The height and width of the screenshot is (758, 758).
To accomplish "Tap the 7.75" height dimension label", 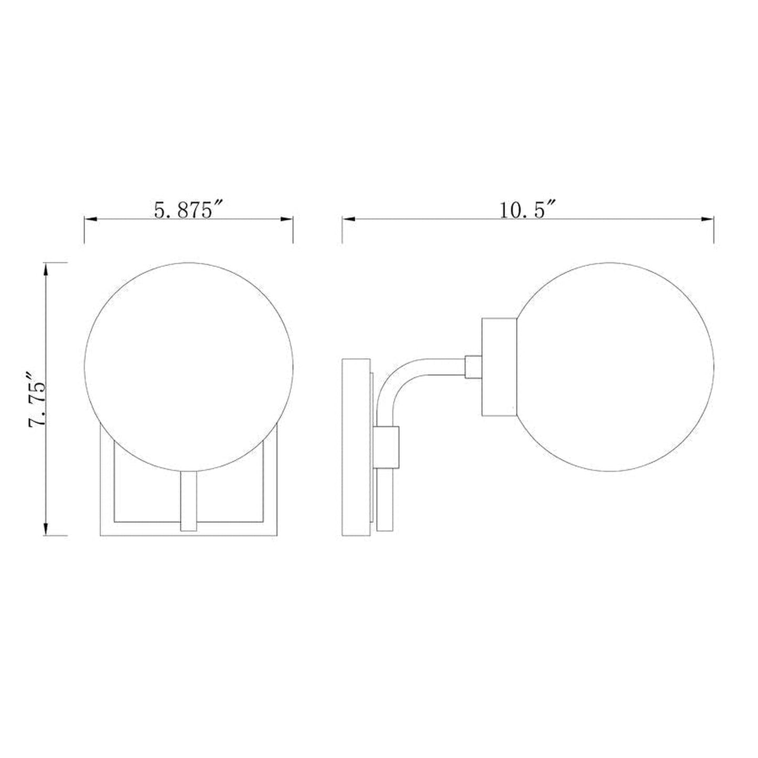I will point(38,399).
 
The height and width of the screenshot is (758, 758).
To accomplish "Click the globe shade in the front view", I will point(189,366).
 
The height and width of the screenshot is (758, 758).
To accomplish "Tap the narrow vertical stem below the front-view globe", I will point(188,501).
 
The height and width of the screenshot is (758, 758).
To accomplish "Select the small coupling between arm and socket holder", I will point(474,366).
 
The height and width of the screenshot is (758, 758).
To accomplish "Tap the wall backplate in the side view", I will point(356,447).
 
